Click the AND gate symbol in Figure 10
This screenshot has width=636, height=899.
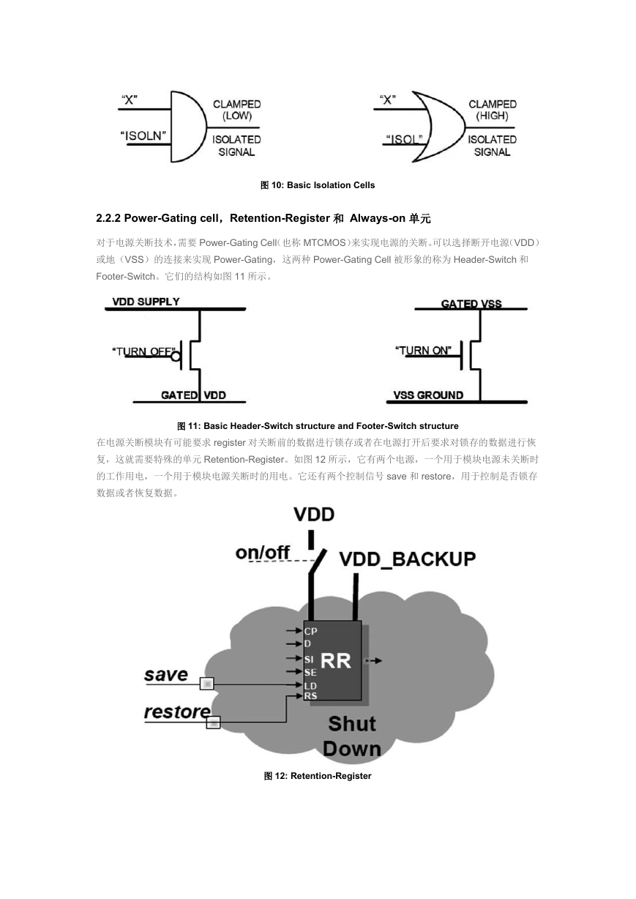point(188,127)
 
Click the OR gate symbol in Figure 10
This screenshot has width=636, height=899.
point(439,127)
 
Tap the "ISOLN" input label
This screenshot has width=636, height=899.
point(143,135)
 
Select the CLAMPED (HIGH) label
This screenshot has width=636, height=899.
point(493,110)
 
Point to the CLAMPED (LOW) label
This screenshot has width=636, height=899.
point(236,110)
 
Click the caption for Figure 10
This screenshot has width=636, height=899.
point(318,185)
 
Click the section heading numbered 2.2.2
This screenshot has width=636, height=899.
point(263,218)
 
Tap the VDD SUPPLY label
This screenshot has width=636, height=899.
point(146,302)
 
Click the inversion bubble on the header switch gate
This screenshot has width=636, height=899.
point(176,356)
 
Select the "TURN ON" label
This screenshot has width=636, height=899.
point(423,351)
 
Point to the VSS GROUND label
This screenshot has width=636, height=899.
point(428,395)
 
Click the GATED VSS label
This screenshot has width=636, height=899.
point(471,304)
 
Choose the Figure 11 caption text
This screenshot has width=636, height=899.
point(318,426)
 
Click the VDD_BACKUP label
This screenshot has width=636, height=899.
point(407,559)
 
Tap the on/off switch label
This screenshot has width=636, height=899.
point(263,552)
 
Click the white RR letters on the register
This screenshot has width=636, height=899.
point(336,660)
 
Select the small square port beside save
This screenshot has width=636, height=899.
point(206,684)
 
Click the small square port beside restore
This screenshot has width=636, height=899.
point(213,722)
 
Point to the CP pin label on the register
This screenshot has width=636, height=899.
point(310,631)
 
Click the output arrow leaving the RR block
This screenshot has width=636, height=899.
point(374,660)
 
